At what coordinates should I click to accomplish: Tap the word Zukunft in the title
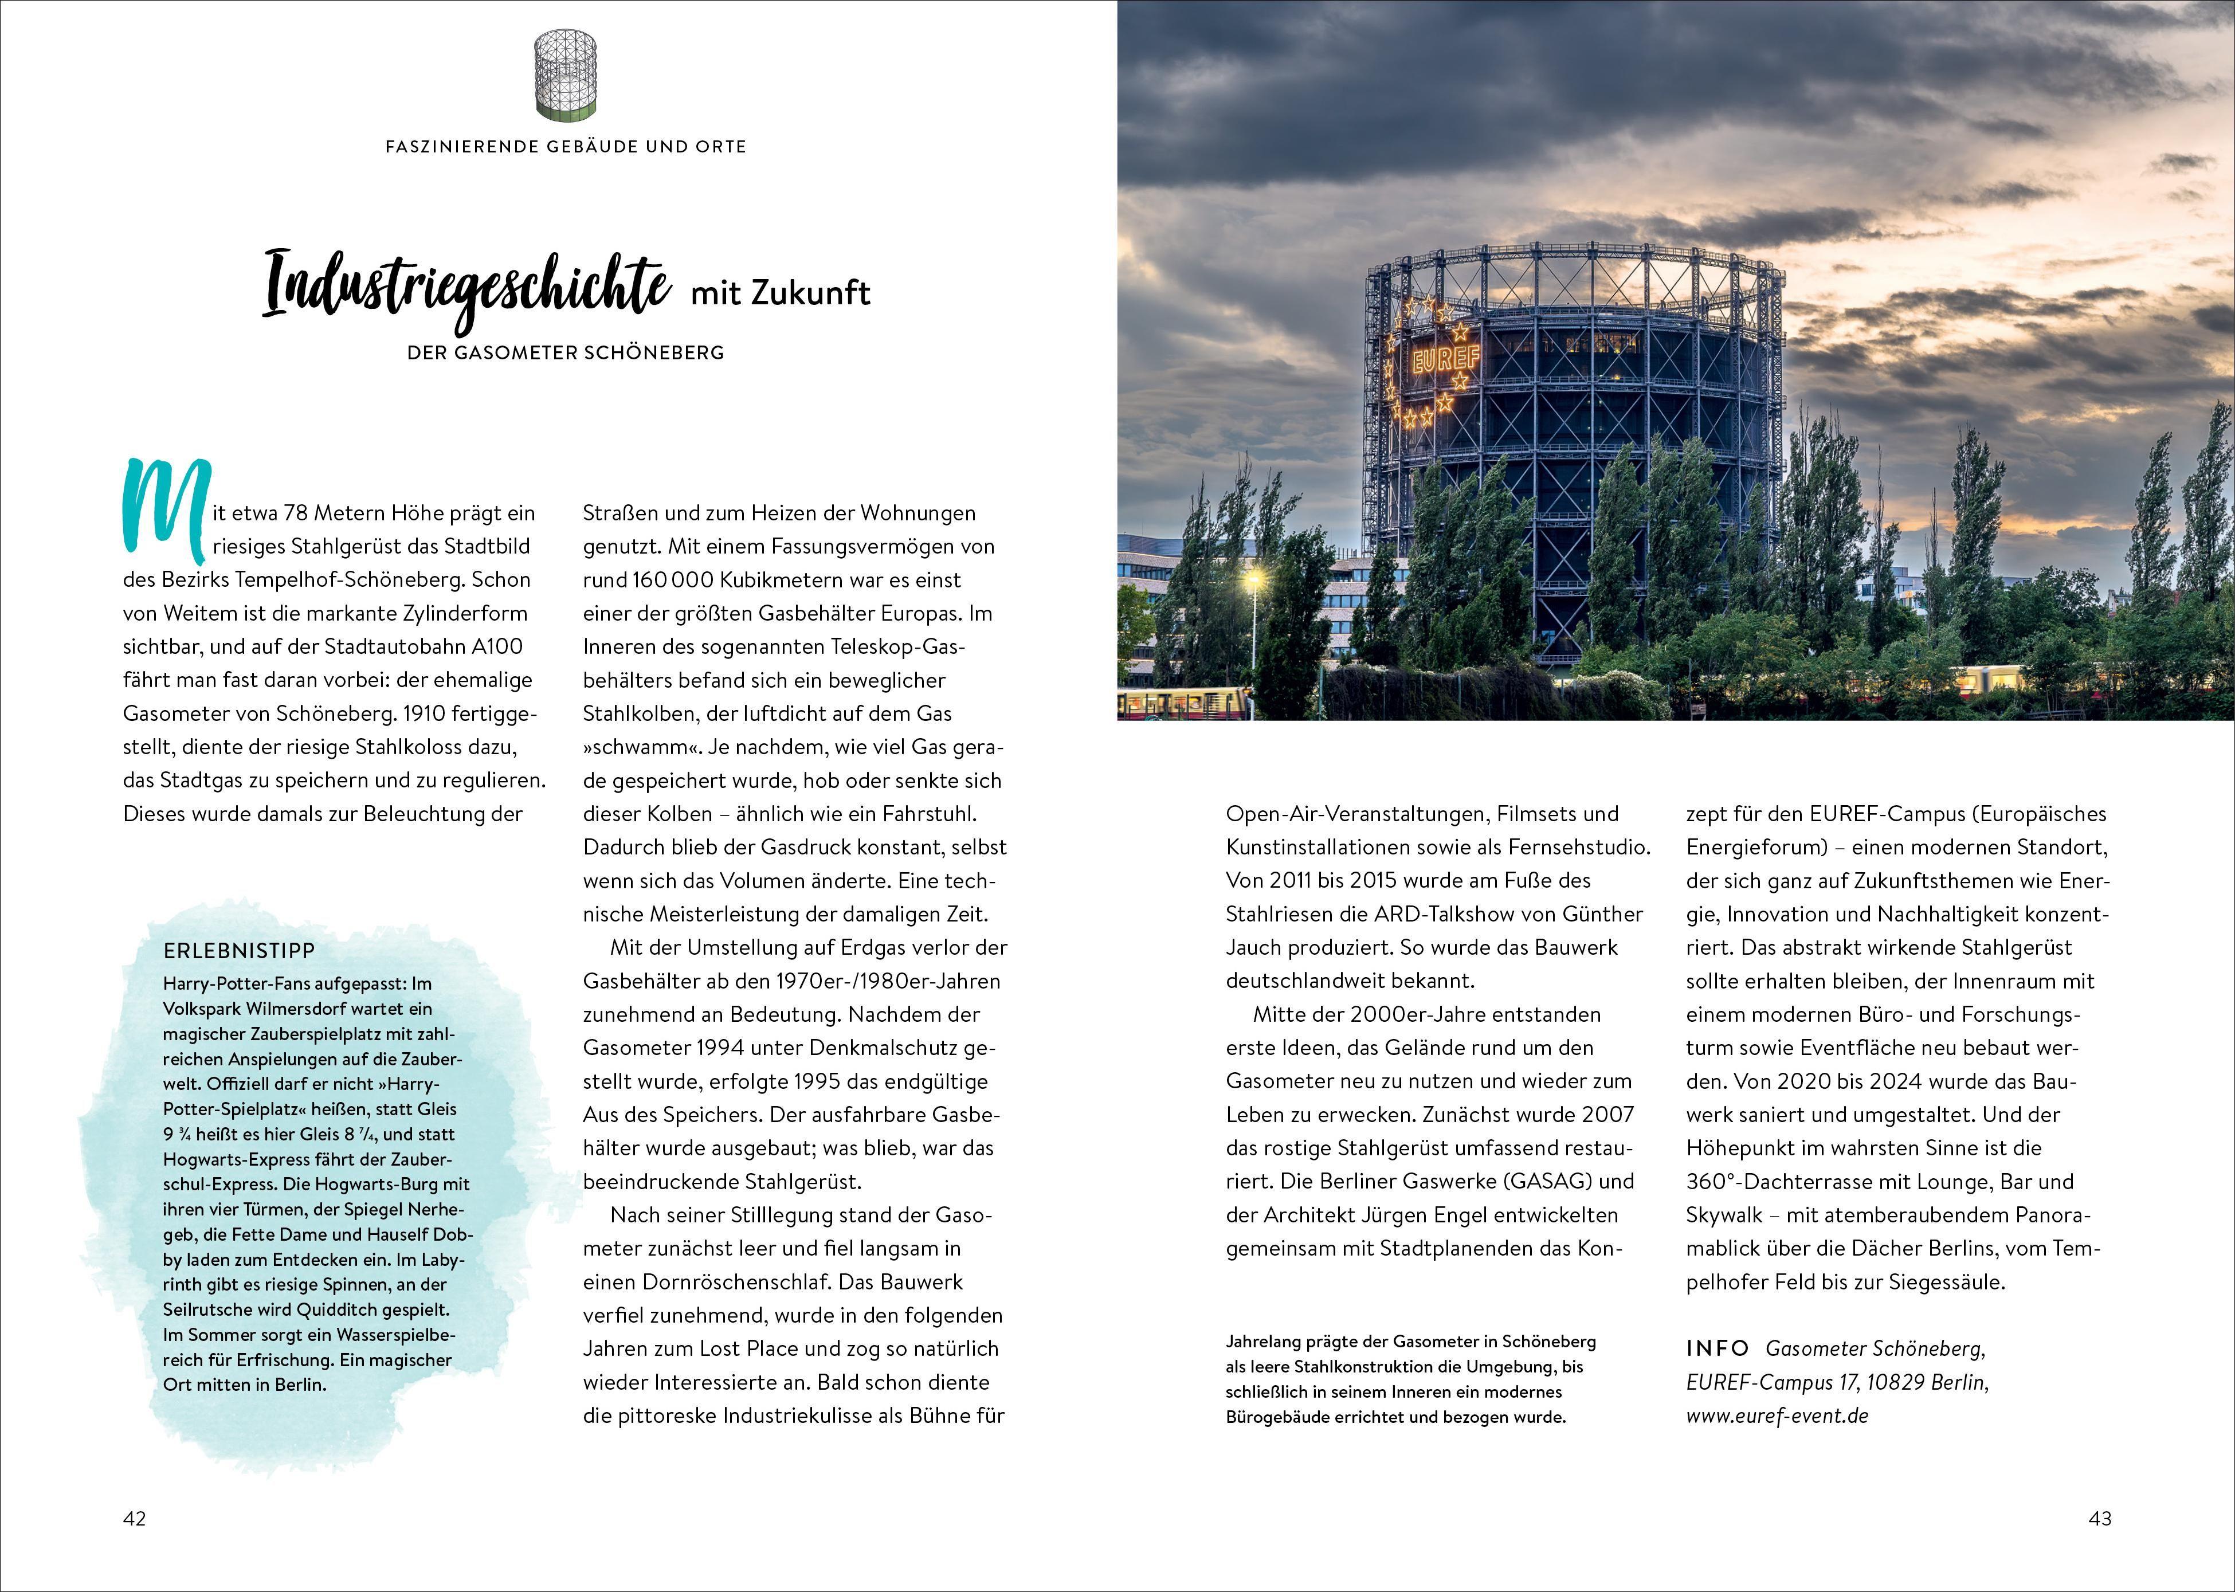(x=811, y=293)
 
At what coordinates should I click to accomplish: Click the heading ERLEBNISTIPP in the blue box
(x=239, y=951)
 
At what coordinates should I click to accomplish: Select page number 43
(x=2100, y=1519)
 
